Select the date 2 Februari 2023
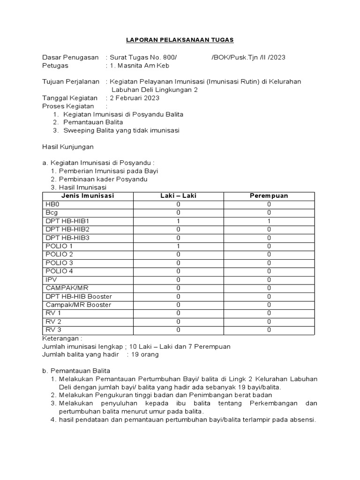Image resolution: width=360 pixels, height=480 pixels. [134, 98]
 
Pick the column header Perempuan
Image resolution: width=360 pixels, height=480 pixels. [269, 195]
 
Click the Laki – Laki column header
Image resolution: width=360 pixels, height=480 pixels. [178, 195]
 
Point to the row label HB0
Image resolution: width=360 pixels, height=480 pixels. [52, 204]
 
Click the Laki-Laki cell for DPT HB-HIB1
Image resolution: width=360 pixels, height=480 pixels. [178, 221]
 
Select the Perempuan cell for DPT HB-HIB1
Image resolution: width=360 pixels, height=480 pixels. [269, 221]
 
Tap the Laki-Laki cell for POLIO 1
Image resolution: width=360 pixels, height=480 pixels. [178, 246]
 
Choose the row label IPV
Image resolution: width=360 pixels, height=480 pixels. [51, 279]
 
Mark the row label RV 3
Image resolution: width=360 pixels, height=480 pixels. [53, 330]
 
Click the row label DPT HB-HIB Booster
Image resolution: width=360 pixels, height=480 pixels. [79, 296]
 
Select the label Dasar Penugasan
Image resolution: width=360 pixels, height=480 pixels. [70, 57]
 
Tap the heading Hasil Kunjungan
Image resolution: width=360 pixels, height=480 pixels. [68, 147]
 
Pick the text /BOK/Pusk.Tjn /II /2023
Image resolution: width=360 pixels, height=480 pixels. [248, 57]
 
